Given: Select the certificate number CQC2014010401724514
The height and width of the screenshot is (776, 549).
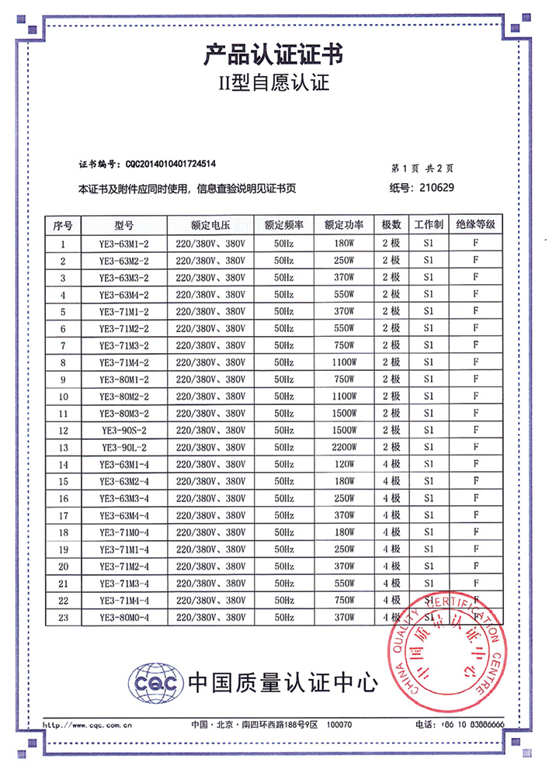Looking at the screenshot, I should [170, 165].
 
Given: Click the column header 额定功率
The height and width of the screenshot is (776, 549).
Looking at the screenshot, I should [344, 226].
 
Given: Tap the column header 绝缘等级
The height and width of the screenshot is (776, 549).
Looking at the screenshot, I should [475, 226].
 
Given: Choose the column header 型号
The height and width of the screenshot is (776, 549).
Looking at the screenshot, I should [124, 226].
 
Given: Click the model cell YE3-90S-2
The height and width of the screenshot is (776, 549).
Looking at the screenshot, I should [124, 430].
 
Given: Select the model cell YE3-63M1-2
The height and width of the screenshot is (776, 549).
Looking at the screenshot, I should [124, 244].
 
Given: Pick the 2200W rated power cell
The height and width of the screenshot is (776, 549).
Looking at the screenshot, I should [344, 447].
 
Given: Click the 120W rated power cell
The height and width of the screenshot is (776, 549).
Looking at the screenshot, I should [344, 464].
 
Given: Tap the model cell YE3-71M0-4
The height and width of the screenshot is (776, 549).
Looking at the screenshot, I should [124, 532].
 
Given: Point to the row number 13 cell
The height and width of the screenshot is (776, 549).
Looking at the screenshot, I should [63, 447].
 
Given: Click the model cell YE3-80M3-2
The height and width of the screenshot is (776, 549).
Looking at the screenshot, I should [124, 414].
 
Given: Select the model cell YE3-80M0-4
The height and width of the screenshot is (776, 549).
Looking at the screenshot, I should [124, 617].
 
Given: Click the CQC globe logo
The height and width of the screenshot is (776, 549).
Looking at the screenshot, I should [156, 681].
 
